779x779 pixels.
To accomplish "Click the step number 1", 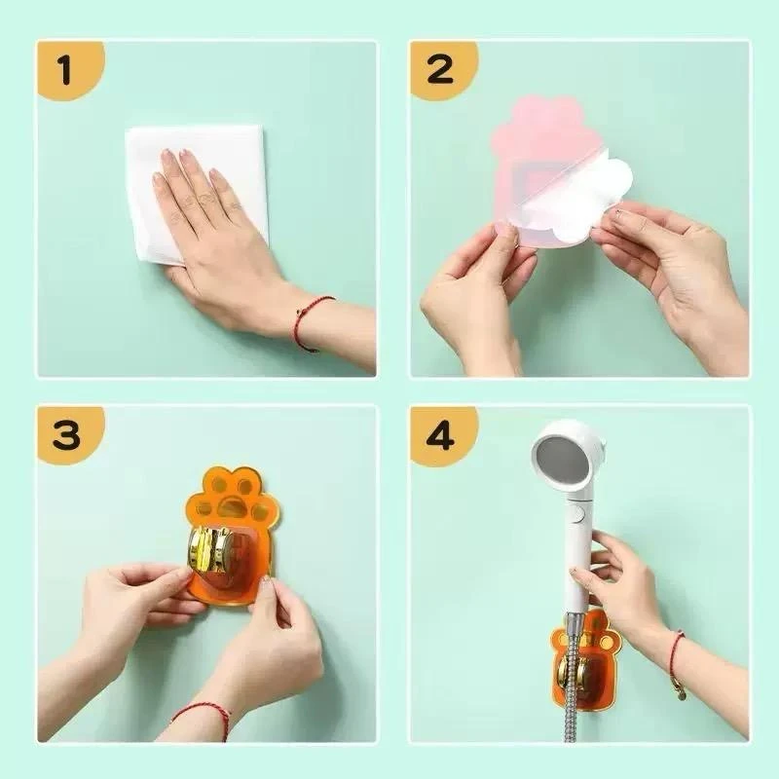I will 65,69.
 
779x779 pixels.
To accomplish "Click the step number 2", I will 439,69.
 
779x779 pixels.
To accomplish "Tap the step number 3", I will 65,435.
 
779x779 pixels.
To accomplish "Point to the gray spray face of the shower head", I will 563,458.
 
